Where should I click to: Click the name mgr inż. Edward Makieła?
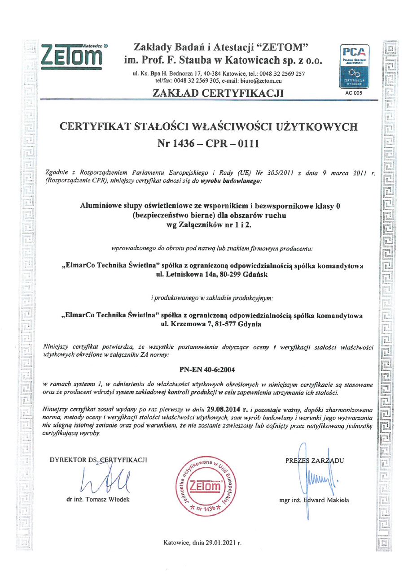pos(314,500)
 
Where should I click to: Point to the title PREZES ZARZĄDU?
pos(314,461)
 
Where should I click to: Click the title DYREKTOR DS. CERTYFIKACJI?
pos(98,460)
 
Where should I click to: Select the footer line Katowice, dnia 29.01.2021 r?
pos(202,543)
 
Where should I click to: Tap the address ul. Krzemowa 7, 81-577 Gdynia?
pos(211,324)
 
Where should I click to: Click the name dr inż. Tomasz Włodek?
pos(98,499)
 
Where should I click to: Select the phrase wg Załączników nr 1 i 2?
pos(209,225)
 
